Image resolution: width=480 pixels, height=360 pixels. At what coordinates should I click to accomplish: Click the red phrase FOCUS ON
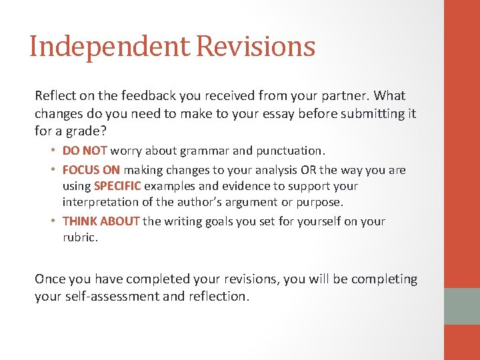(91, 171)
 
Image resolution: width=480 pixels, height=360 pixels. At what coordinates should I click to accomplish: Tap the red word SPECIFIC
(117, 187)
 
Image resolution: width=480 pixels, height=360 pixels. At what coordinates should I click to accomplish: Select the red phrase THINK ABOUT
(101, 221)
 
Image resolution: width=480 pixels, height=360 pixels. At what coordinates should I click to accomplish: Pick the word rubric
(79, 238)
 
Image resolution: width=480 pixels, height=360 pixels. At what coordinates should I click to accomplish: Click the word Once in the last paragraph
(50, 279)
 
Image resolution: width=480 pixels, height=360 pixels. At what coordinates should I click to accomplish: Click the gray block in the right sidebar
(462, 306)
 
